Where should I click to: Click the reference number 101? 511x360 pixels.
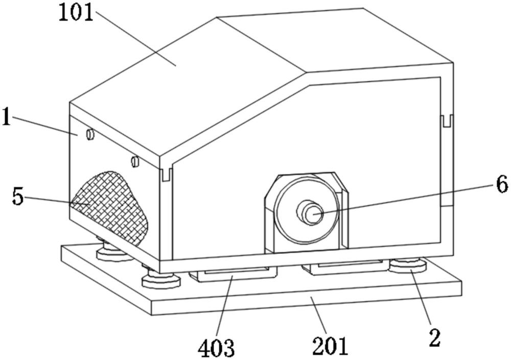[76, 13]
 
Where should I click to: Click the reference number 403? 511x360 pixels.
[216, 348]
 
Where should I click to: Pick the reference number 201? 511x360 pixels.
[330, 346]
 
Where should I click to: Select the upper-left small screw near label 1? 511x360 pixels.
[90, 134]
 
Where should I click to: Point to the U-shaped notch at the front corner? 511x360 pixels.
[167, 174]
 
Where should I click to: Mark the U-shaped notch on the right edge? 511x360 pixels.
[447, 121]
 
